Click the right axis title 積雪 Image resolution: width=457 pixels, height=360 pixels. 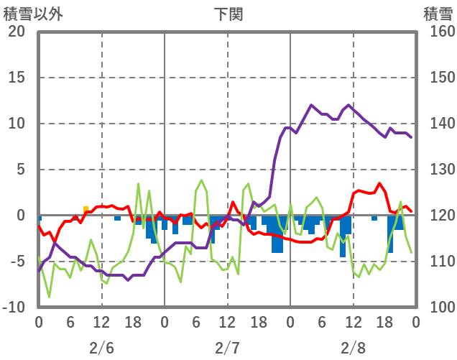[x=437, y=14]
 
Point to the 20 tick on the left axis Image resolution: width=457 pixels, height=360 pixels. [x=17, y=32]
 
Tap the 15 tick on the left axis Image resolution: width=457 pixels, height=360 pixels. [x=17, y=78]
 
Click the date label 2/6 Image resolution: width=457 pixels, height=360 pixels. [x=101, y=348]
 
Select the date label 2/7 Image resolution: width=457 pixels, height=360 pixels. [x=227, y=348]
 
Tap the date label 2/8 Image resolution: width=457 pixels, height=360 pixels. [x=353, y=348]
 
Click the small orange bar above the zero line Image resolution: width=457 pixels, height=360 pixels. [x=86, y=210]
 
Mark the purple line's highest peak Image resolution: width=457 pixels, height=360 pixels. [x=312, y=105]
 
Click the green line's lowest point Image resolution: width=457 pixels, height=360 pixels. [x=49, y=297]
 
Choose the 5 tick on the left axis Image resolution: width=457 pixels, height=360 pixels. [x=20, y=170]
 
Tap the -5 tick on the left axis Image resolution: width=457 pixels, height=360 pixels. [x=17, y=262]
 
